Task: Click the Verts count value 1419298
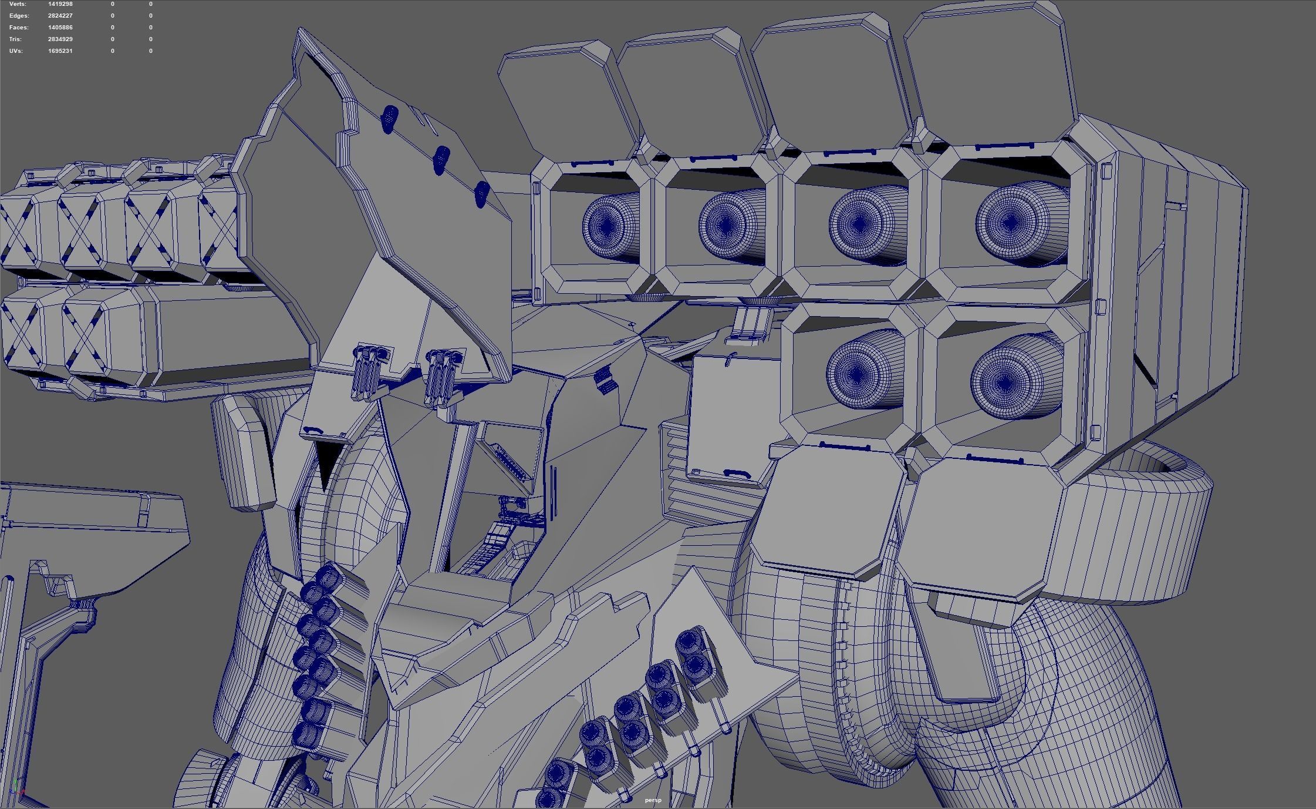[x=60, y=4]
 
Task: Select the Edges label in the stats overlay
[x=19, y=16]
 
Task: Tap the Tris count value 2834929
[x=60, y=39]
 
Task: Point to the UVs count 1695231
[x=60, y=51]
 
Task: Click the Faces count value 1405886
[x=60, y=28]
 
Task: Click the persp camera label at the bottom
[x=653, y=800]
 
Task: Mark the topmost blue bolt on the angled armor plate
[x=389, y=118]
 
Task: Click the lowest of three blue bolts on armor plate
[x=481, y=194]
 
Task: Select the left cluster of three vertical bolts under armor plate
[x=367, y=371]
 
